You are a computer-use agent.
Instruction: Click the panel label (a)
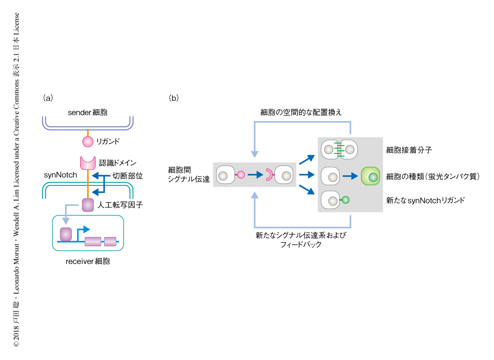(48, 98)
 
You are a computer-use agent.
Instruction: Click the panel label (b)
(174, 98)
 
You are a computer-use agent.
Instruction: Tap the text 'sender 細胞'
(88, 112)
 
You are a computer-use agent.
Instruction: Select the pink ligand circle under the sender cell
(88, 141)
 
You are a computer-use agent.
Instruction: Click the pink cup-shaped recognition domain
(88, 163)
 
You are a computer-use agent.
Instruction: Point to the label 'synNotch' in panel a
(61, 175)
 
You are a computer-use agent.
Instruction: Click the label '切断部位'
(127, 176)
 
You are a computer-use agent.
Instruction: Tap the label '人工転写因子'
(120, 205)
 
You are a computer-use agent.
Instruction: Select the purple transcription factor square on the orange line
(88, 205)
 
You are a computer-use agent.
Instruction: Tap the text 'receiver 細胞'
(88, 261)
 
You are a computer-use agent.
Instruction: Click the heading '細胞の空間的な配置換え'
(301, 112)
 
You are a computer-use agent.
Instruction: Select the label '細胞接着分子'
(409, 150)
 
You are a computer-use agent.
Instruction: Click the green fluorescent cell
(370, 176)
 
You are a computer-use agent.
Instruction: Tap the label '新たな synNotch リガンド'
(425, 200)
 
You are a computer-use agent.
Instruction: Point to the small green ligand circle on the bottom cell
(346, 200)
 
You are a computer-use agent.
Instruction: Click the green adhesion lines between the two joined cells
(339, 150)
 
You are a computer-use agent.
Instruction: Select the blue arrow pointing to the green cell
(350, 176)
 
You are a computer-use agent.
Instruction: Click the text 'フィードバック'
(301, 245)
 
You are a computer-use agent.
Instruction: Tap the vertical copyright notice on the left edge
(16, 180)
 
